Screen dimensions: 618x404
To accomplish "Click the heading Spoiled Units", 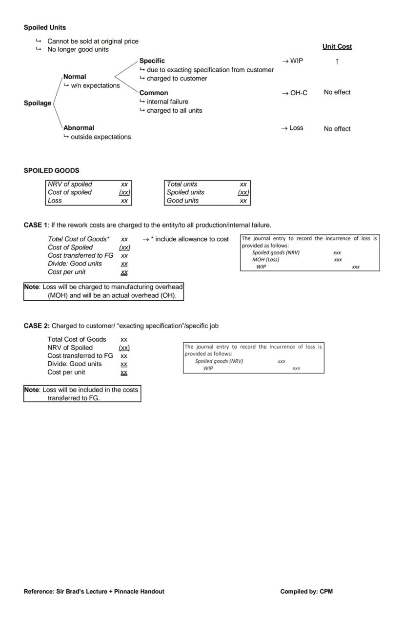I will pyautogui.click(x=45, y=28).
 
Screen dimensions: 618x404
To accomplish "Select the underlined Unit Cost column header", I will pyautogui.click(x=337, y=47).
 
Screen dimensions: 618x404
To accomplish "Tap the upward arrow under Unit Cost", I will pyautogui.click(x=337, y=61).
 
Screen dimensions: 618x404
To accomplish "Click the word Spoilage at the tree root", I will pyautogui.click(x=38, y=103).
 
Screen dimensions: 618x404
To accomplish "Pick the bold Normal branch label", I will pyautogui.click(x=75, y=77).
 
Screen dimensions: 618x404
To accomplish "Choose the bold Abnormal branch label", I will pyautogui.click(x=79, y=128).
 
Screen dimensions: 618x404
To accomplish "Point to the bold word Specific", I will pyautogui.click(x=152, y=61).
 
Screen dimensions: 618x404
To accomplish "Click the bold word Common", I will pyautogui.click(x=154, y=93).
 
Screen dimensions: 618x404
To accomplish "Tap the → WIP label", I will pyautogui.click(x=292, y=61).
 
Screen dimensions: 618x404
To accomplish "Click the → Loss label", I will pyautogui.click(x=292, y=128).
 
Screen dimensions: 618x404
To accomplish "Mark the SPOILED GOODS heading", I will pyautogui.click(x=51, y=170).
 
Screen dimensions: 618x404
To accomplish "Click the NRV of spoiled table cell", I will pyautogui.click(x=70, y=185).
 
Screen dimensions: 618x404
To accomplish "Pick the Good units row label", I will pyautogui.click(x=182, y=201).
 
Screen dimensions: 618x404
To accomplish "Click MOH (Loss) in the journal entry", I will pyautogui.click(x=265, y=260).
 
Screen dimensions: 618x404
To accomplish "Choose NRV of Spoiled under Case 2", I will pyautogui.click(x=70, y=348).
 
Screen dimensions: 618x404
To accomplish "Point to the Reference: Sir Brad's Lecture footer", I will pyautogui.click(x=94, y=591).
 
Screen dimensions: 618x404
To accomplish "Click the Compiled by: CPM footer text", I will pyautogui.click(x=306, y=591).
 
